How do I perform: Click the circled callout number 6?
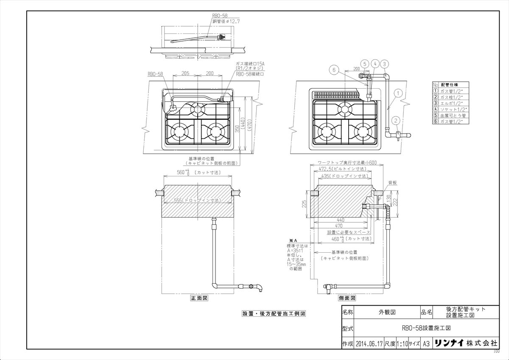(x=334, y=70)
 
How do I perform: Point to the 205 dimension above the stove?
(x=185, y=73)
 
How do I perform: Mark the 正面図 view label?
(x=199, y=299)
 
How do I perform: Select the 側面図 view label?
(x=347, y=299)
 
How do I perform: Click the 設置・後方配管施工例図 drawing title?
(x=274, y=314)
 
